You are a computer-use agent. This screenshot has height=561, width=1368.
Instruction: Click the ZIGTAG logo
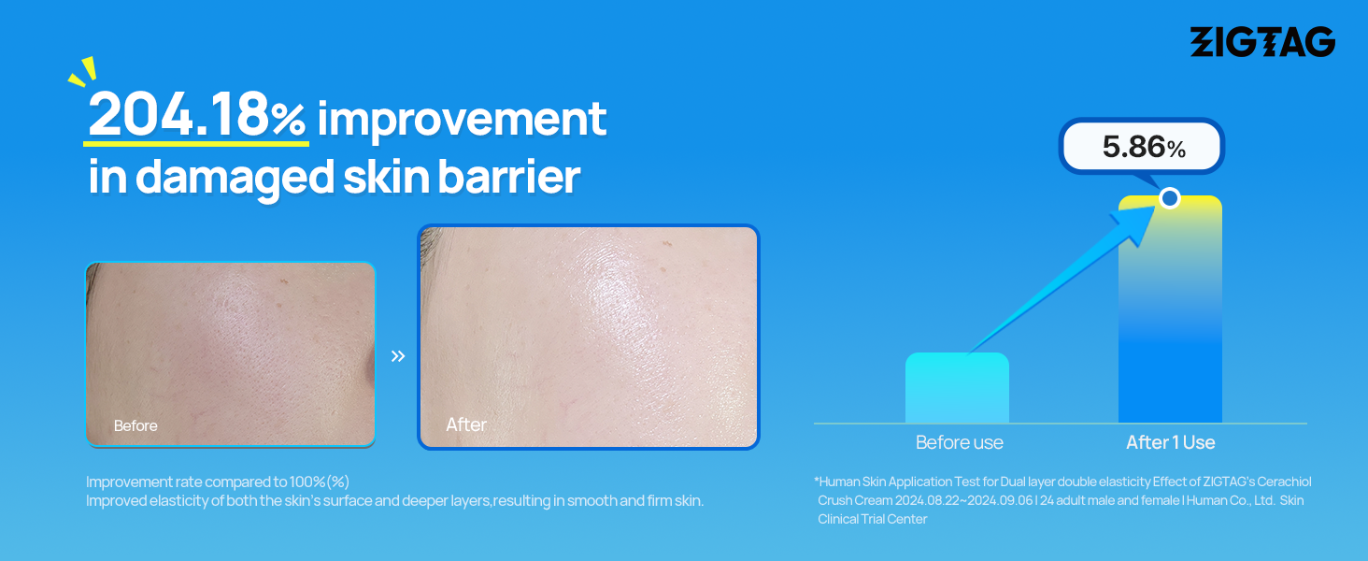pyautogui.click(x=1262, y=41)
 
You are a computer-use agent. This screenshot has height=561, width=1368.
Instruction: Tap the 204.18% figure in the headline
pyautogui.click(x=196, y=114)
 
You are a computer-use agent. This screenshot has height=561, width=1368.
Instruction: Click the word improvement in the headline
pyautogui.click(x=462, y=119)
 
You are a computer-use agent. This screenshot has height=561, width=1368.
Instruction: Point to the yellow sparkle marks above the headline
pyautogui.click(x=83, y=71)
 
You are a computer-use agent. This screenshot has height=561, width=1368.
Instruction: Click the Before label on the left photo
pyautogui.click(x=135, y=425)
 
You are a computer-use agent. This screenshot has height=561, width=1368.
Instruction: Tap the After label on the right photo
pyautogui.click(x=466, y=424)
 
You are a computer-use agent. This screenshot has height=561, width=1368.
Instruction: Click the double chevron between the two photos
pyautogui.click(x=397, y=355)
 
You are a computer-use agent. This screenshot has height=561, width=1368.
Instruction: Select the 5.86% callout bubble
pyautogui.click(x=1142, y=147)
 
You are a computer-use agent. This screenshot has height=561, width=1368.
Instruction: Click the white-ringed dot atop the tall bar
pyautogui.click(x=1170, y=198)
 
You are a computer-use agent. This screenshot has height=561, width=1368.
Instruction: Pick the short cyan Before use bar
pyautogui.click(x=957, y=387)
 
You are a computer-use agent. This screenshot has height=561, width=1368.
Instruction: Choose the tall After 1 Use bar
pyautogui.click(x=1170, y=309)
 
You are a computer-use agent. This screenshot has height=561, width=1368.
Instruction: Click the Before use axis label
pyautogui.click(x=960, y=442)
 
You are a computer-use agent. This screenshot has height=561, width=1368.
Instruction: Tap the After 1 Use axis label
pyautogui.click(x=1170, y=442)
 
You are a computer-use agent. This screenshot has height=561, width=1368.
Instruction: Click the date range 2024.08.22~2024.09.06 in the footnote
pyautogui.click(x=963, y=500)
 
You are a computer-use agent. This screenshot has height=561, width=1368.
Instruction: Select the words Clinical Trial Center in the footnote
pyautogui.click(x=872, y=519)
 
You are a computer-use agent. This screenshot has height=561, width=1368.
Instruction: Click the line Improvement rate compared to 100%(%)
pyautogui.click(x=218, y=482)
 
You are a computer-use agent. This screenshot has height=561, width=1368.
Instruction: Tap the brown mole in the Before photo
pyautogui.click(x=283, y=281)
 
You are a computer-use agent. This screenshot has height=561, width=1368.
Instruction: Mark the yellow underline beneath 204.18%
pyautogui.click(x=196, y=144)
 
